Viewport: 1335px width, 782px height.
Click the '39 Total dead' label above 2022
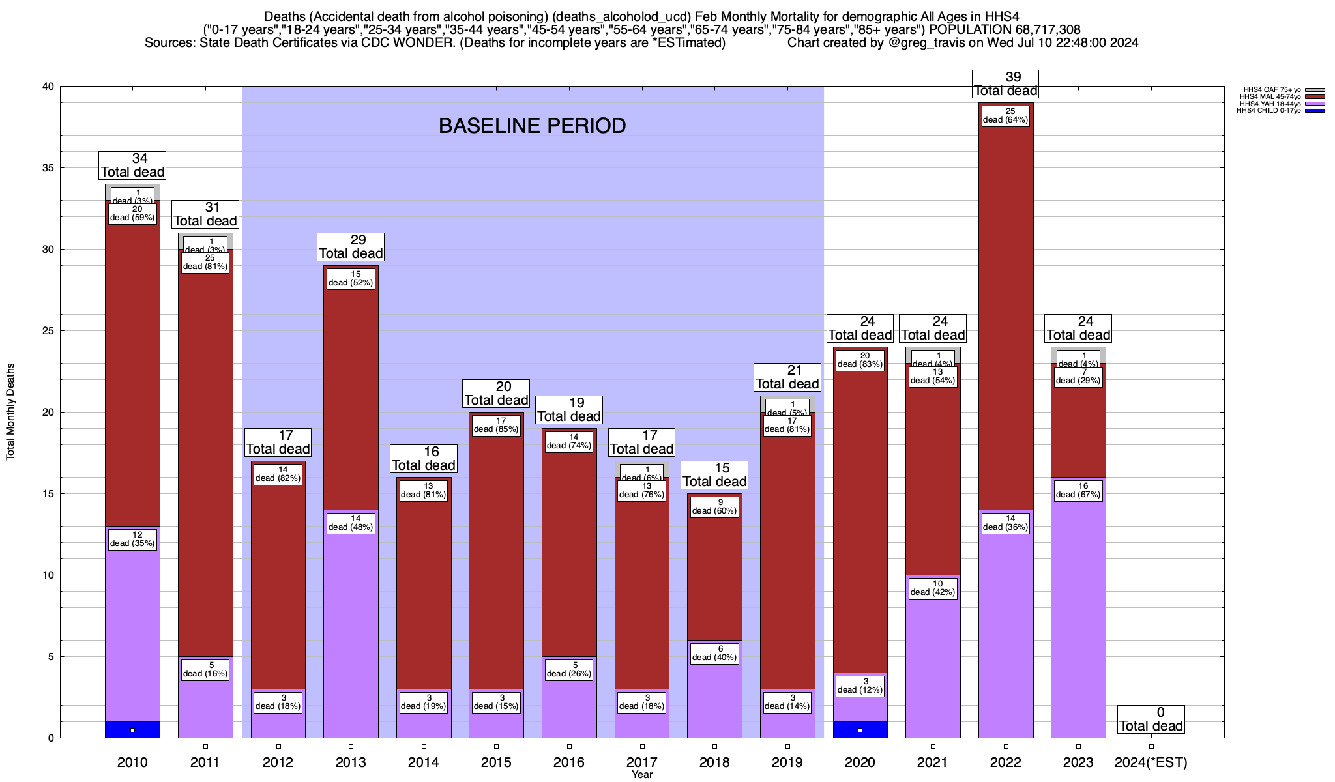[1005, 84]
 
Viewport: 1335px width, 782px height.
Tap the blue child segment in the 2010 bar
[132, 730]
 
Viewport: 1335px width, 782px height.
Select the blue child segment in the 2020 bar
[860, 730]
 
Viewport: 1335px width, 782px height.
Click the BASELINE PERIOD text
[532, 126]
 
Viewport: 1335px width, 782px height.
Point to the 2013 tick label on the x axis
[351, 762]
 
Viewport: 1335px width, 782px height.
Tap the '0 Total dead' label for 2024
[1151, 719]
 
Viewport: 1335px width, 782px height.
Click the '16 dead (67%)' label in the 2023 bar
[1078, 490]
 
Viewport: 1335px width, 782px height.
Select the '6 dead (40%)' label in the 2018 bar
[714, 653]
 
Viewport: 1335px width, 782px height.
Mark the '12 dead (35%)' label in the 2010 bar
[132, 539]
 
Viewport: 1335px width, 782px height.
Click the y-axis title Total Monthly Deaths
[10, 412]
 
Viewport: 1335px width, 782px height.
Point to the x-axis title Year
[641, 775]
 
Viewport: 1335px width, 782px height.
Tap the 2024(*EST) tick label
[1151, 762]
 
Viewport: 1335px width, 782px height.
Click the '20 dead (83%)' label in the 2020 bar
[860, 360]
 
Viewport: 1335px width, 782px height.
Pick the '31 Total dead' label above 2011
[205, 214]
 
